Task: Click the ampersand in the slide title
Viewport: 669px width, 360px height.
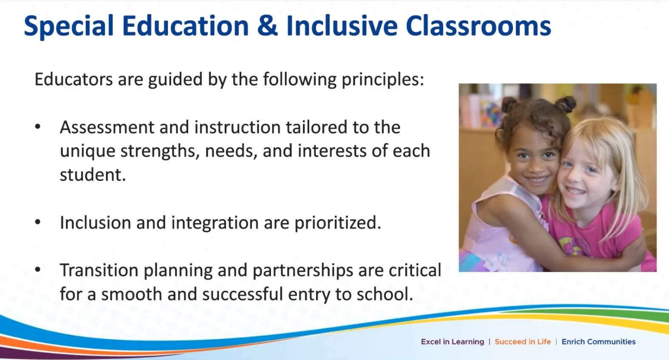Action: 267,25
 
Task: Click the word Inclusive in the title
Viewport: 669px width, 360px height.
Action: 342,25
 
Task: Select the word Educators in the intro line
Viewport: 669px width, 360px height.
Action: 73,79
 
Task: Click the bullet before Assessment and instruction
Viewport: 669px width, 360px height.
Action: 38,127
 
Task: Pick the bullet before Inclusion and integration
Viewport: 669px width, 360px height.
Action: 38,222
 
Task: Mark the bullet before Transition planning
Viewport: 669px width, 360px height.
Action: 38,270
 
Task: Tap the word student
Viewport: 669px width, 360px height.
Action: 93,174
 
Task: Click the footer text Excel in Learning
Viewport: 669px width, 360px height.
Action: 452,342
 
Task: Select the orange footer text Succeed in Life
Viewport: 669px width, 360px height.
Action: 522,342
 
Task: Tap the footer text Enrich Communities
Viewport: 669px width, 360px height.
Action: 598,342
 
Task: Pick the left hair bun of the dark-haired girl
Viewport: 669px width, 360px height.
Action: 510,104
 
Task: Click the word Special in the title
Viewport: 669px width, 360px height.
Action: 69,26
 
